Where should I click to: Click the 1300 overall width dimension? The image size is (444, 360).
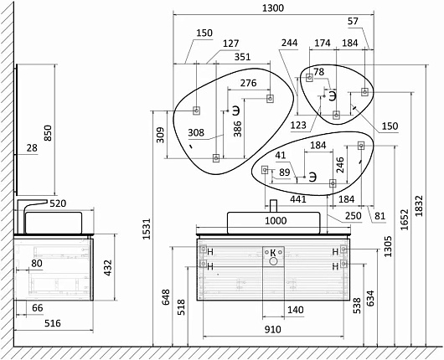click(273, 8)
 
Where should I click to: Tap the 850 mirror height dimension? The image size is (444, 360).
click(48, 133)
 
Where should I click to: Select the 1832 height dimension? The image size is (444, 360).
click(419, 206)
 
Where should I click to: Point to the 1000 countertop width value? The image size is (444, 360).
click(276, 220)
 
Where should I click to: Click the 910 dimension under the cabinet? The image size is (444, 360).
click(273, 329)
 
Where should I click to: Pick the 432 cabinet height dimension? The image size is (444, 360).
click(108, 268)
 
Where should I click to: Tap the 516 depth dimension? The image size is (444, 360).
click(53, 323)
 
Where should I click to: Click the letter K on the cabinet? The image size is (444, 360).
click(273, 252)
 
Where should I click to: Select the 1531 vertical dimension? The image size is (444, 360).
click(147, 229)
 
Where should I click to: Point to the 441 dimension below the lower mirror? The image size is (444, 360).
click(298, 199)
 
